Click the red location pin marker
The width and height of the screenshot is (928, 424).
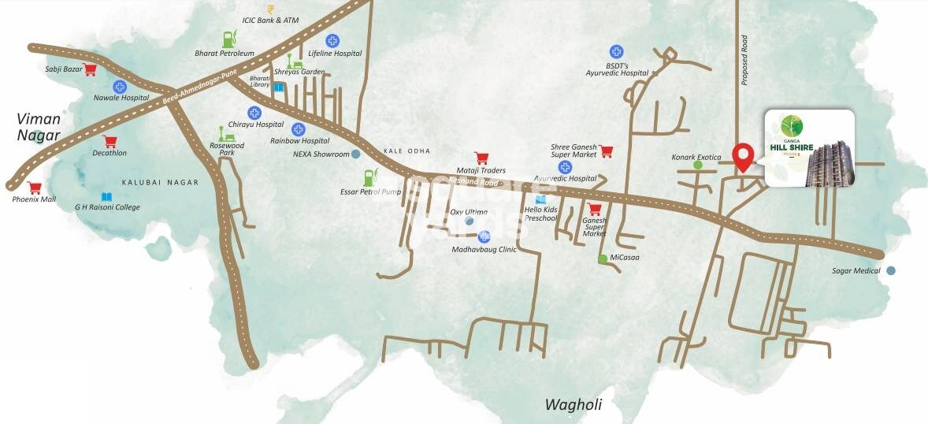[742, 156]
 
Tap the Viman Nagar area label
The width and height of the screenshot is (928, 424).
[39, 127]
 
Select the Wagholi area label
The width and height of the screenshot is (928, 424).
[573, 405]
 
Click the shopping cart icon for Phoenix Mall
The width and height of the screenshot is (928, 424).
[34, 188]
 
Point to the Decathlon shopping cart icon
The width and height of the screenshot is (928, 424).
[110, 142]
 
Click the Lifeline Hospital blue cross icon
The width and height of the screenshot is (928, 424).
[332, 40]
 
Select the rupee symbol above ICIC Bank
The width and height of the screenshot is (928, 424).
[270, 9]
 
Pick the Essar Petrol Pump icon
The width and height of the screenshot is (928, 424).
[368, 177]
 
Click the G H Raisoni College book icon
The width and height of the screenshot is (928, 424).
[106, 196]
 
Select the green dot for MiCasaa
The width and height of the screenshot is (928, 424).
[602, 258]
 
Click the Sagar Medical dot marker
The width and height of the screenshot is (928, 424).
[891, 270]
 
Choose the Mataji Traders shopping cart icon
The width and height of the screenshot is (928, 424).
[481, 158]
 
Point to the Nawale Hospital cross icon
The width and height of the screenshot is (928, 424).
[120, 87]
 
